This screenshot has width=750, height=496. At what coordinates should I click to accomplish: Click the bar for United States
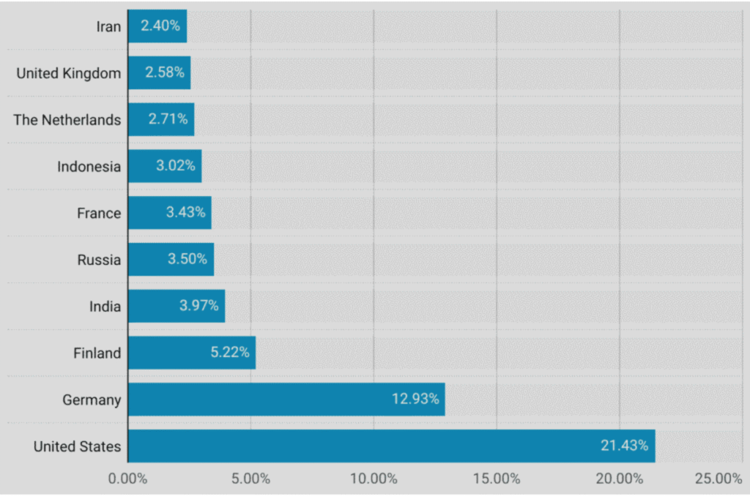pyautogui.click(x=391, y=446)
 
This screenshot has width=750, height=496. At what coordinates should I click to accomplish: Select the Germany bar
pyautogui.click(x=286, y=399)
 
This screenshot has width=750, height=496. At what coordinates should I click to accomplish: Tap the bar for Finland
pyautogui.click(x=191, y=353)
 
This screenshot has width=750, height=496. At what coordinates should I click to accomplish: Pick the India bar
pyautogui.click(x=176, y=306)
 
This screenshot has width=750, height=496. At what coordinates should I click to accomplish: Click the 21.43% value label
pyautogui.click(x=624, y=446)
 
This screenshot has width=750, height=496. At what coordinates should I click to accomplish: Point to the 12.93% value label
pyautogui.click(x=415, y=399)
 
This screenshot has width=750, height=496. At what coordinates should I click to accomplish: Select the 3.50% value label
pyautogui.click(x=187, y=259)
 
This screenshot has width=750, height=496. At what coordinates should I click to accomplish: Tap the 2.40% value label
pyautogui.click(x=160, y=26)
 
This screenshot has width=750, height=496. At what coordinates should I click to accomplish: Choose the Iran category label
pyautogui.click(x=108, y=27)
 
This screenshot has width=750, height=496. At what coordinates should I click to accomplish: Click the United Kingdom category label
pyautogui.click(x=68, y=73)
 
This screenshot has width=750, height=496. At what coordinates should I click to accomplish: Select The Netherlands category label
pyautogui.click(x=67, y=120)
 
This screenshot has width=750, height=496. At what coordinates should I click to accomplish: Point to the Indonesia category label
pyautogui.click(x=89, y=167)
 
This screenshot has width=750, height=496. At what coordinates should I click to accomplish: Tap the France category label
pyautogui.click(x=99, y=214)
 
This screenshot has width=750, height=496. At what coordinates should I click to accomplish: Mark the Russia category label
pyautogui.click(x=99, y=260)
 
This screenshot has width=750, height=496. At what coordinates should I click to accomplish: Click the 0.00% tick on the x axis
pyautogui.click(x=127, y=479)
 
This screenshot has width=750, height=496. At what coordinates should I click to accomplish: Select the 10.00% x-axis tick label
pyautogui.click(x=373, y=479)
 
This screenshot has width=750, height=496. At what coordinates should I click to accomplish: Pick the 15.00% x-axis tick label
pyautogui.click(x=496, y=479)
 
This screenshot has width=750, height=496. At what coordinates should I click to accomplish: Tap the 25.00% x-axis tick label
pyautogui.click(x=719, y=479)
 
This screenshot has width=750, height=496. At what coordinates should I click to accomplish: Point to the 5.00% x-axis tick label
pyautogui.click(x=250, y=479)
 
